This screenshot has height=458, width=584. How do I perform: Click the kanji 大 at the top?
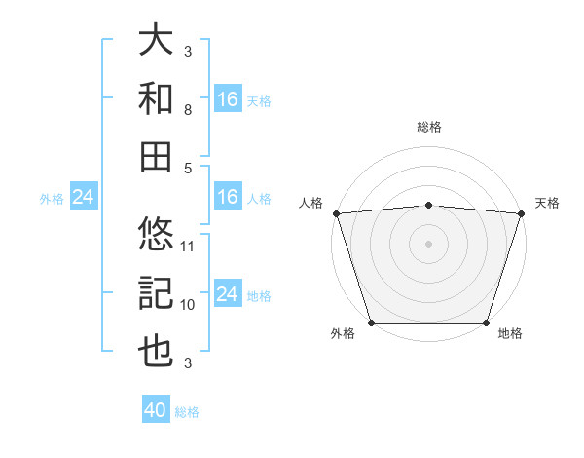click(x=156, y=41)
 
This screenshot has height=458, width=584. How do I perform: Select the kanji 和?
click(x=156, y=98)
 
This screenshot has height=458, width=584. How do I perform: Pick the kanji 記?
click(x=156, y=292)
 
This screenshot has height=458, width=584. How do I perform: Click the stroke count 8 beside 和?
click(x=188, y=110)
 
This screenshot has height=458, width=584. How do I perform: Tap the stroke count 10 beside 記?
click(x=188, y=304)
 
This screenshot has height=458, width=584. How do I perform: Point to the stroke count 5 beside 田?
click(x=188, y=168)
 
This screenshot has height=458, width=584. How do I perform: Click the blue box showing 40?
click(x=156, y=410)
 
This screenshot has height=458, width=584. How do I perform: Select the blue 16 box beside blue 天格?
click(x=228, y=98)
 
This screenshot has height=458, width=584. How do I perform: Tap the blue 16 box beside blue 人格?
click(x=228, y=198)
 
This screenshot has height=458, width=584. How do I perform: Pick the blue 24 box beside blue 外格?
click(x=84, y=198)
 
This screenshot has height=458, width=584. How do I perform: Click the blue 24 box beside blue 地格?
click(x=228, y=294)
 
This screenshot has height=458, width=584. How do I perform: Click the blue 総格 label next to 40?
click(x=187, y=412)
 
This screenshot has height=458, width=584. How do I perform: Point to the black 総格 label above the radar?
click(x=428, y=127)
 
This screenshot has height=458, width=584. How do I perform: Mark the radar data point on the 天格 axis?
click(x=521, y=212)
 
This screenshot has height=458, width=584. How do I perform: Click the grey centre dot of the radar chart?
click(x=428, y=243)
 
